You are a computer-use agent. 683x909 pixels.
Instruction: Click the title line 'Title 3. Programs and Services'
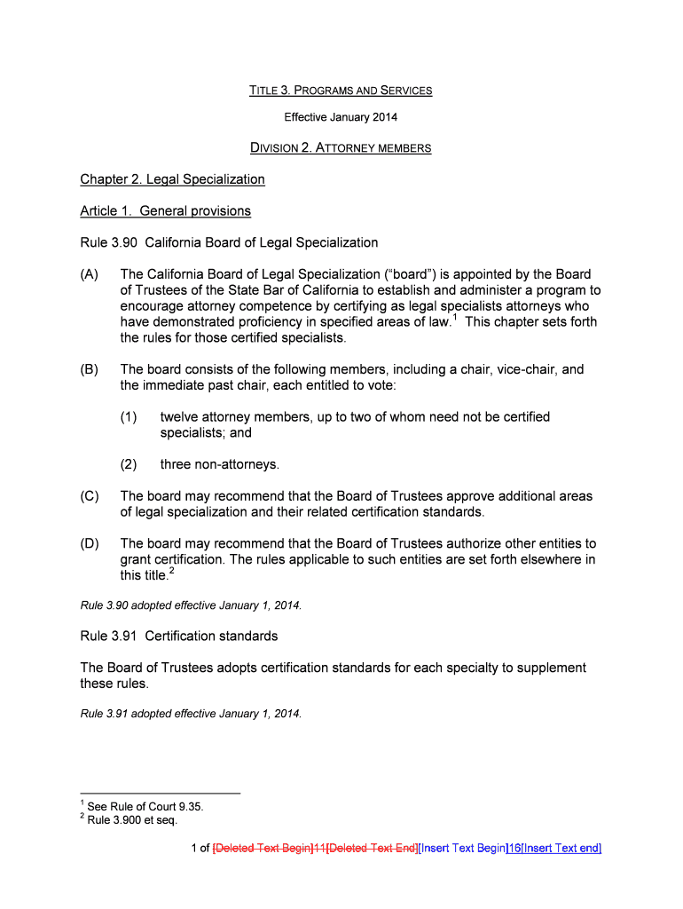(x=341, y=91)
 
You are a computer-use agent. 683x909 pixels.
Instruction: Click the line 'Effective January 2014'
(x=341, y=117)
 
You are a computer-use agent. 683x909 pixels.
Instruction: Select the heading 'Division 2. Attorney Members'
(x=341, y=148)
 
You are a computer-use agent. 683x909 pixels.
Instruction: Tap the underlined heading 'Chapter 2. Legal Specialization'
(x=172, y=179)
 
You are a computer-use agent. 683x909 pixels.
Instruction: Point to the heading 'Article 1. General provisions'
(x=165, y=211)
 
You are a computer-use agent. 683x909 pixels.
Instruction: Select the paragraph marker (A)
(x=90, y=274)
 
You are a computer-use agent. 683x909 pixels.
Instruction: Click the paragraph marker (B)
(x=90, y=369)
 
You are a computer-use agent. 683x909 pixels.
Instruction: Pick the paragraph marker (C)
(x=90, y=496)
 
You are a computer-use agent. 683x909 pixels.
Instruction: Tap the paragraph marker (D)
(x=90, y=543)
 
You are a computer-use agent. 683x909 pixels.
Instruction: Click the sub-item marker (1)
(x=129, y=417)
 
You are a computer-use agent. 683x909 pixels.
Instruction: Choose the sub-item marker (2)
(x=129, y=464)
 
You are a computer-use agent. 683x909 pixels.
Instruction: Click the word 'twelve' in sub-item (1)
(x=179, y=417)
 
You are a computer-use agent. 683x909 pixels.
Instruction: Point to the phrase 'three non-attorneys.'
(x=219, y=464)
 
